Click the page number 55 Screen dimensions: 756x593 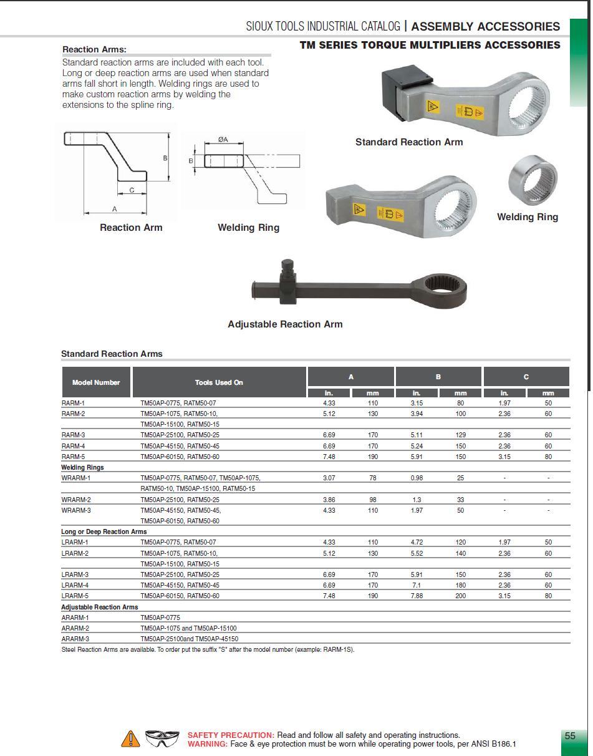tap(570, 736)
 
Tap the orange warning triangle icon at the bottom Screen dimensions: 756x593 tap(130, 739)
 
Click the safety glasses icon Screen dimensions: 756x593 tap(162, 739)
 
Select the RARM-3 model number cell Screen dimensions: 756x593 tap(74, 435)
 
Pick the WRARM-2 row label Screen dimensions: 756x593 tap(76, 500)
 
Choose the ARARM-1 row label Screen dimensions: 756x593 tap(75, 618)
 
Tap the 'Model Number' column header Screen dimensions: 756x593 tap(96, 382)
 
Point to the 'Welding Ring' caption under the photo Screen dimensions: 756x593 tap(527, 217)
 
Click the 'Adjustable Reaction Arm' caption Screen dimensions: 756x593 tap(285, 324)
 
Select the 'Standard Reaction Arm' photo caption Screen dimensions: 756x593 tap(409, 142)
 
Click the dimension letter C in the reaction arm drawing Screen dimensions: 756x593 tap(132, 190)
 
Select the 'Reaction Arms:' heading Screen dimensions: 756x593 tap(94, 49)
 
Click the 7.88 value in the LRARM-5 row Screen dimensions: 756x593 tap(417, 596)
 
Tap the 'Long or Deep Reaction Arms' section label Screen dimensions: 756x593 tap(104, 532)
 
